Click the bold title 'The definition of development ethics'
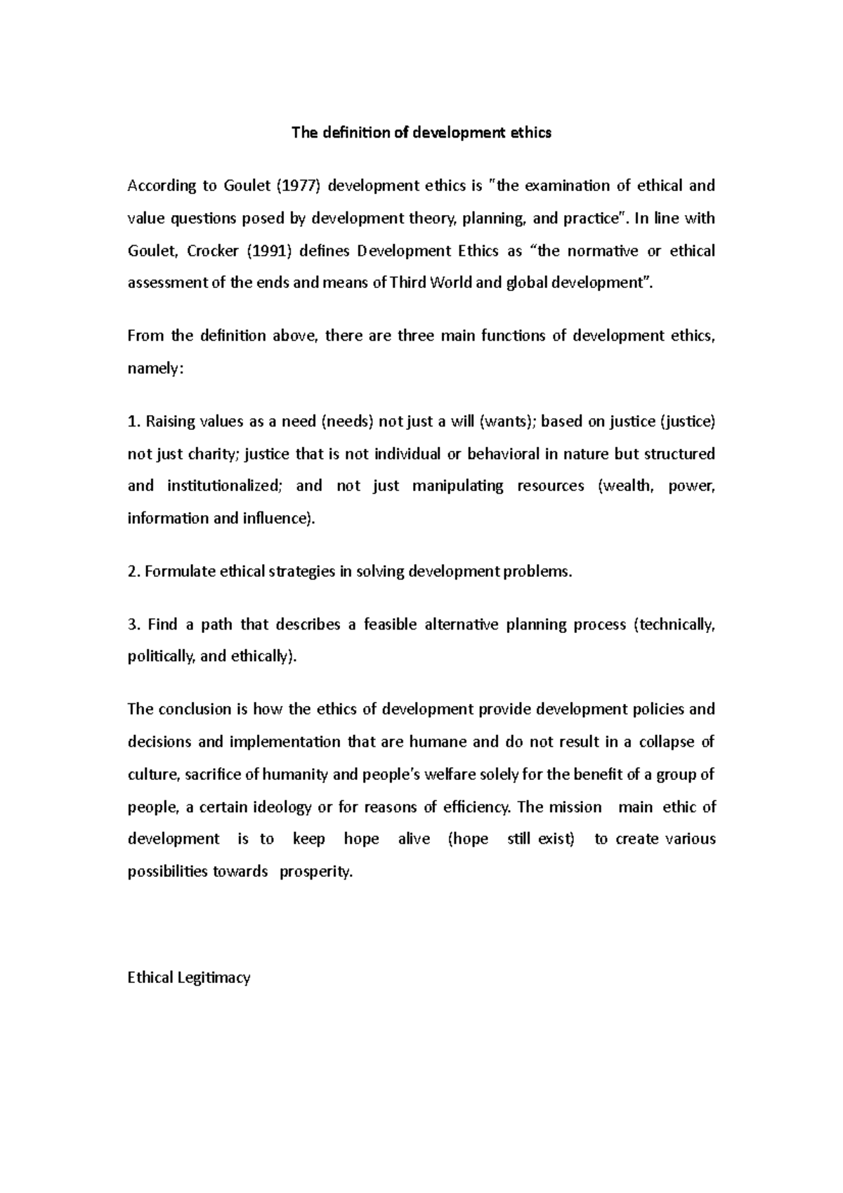tap(421, 133)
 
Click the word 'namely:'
tap(155, 368)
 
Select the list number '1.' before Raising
tap(133, 422)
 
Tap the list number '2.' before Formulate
tap(133, 571)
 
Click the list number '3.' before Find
tap(133, 625)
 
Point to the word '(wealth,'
tap(624, 486)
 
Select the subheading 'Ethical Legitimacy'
tap(189, 977)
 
